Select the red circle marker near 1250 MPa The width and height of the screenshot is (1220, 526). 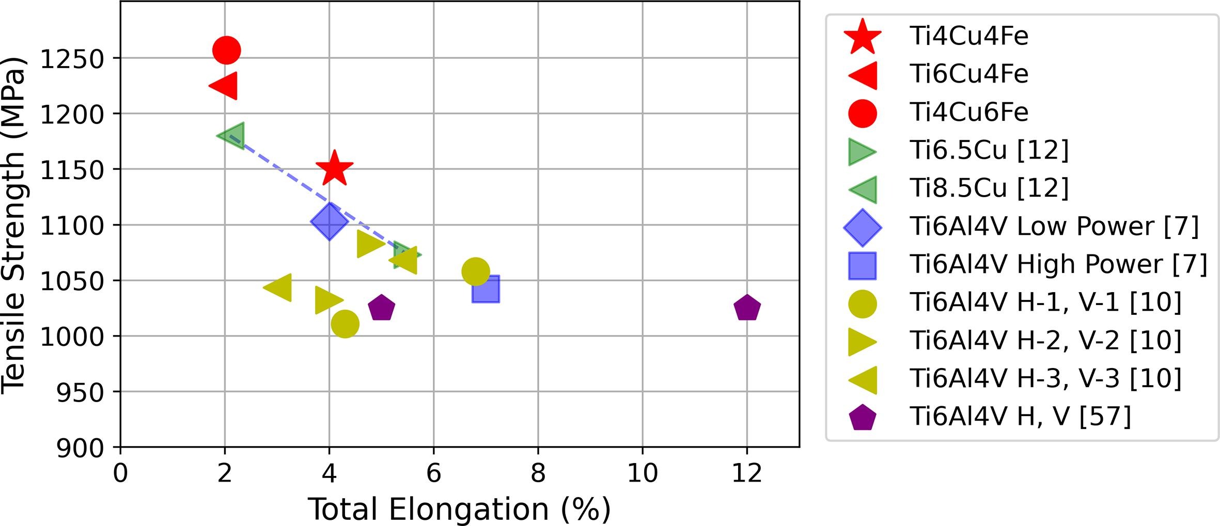[x=226, y=50]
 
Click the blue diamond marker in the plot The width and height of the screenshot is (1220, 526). [x=329, y=221]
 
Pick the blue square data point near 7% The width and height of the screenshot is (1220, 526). [x=486, y=289]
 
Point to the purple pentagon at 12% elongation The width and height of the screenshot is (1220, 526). [x=747, y=308]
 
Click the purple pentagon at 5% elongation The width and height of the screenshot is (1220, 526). [x=381, y=308]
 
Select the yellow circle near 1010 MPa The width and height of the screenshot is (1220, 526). [x=345, y=324]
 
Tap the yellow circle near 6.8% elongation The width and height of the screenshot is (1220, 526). [x=476, y=272]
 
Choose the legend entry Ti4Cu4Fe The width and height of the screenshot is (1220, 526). [x=969, y=36]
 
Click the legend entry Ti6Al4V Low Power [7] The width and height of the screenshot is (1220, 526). [x=1054, y=227]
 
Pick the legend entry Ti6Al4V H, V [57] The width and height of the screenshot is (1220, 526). [x=1020, y=417]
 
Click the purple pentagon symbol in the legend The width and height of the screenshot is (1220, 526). [x=863, y=418]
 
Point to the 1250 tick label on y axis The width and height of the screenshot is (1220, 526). [x=72, y=59]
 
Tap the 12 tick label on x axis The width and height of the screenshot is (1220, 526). [x=747, y=473]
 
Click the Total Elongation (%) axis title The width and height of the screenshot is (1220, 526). [x=459, y=509]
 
